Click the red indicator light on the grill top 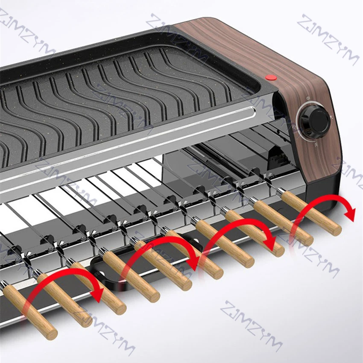pos(270,77)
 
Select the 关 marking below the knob pos(316,144)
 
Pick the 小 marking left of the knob pos(294,126)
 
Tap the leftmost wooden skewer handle pos(30,312)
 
